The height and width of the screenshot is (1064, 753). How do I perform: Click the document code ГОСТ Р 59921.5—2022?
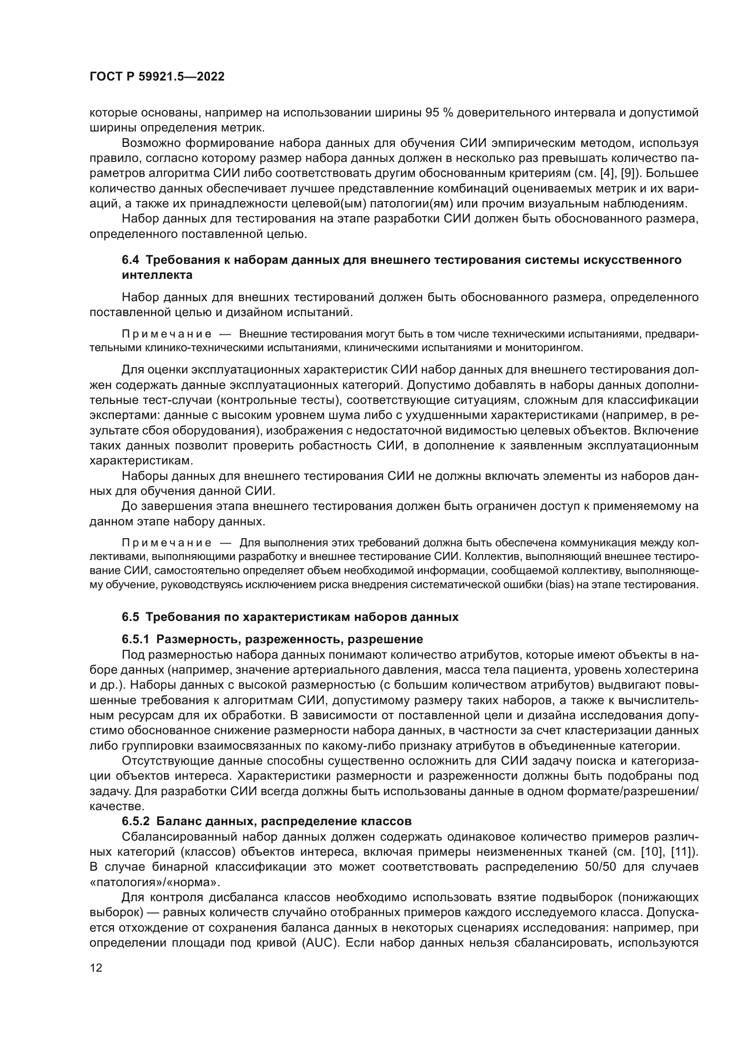tap(157, 77)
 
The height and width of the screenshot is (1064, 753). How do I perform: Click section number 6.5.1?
tap(135, 640)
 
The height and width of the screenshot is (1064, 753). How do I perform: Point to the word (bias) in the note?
tap(560, 585)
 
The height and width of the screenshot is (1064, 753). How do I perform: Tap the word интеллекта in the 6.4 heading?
tap(157, 275)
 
